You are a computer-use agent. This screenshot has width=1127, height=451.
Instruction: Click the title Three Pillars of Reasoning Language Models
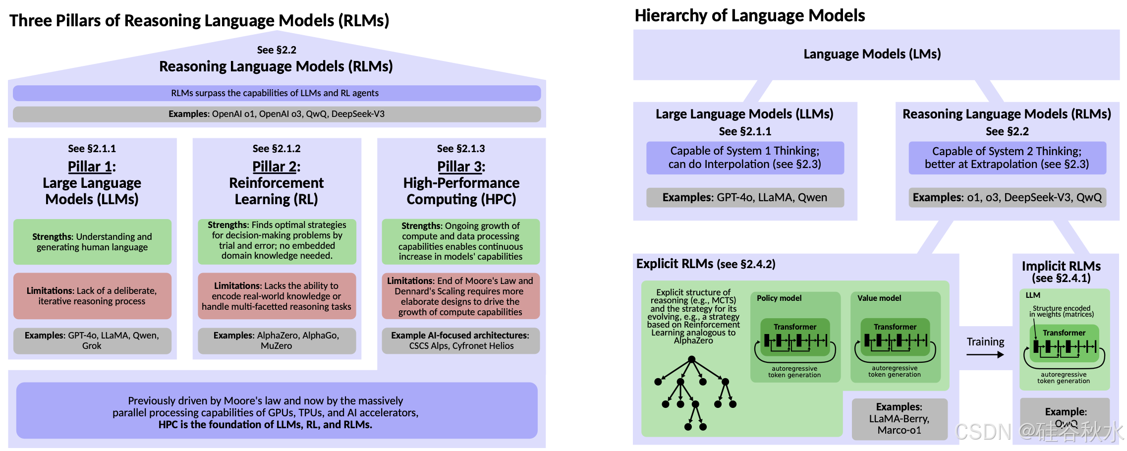[x=199, y=21]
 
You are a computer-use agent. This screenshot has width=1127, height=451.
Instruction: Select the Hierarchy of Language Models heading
[x=749, y=16]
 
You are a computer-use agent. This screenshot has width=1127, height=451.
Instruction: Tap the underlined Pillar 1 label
[x=91, y=167]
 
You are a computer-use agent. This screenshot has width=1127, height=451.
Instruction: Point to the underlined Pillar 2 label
[x=276, y=167]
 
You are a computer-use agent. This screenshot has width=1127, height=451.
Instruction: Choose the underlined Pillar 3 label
[x=460, y=167]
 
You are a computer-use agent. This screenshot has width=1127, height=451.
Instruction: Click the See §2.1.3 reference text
[x=460, y=149]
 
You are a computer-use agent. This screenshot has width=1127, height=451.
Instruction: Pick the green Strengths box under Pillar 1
[x=92, y=242]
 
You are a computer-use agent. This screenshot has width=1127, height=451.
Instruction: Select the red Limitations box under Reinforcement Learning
[x=277, y=296]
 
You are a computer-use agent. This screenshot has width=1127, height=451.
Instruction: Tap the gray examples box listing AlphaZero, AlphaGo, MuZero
[x=277, y=340]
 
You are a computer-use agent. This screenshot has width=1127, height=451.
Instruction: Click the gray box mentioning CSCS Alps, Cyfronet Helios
[x=460, y=340]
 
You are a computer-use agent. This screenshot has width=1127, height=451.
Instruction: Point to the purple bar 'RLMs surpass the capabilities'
[x=277, y=93]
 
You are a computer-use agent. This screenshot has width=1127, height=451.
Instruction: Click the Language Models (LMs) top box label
[x=872, y=54]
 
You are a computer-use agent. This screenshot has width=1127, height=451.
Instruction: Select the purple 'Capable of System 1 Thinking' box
[x=744, y=158]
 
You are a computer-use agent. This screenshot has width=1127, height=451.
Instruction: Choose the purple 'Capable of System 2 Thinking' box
[x=1007, y=158]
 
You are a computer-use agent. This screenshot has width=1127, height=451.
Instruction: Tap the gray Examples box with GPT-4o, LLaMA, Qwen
[x=744, y=197]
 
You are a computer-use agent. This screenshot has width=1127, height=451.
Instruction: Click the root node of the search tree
[x=691, y=359]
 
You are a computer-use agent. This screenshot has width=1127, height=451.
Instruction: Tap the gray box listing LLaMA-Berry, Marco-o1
[x=899, y=419]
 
